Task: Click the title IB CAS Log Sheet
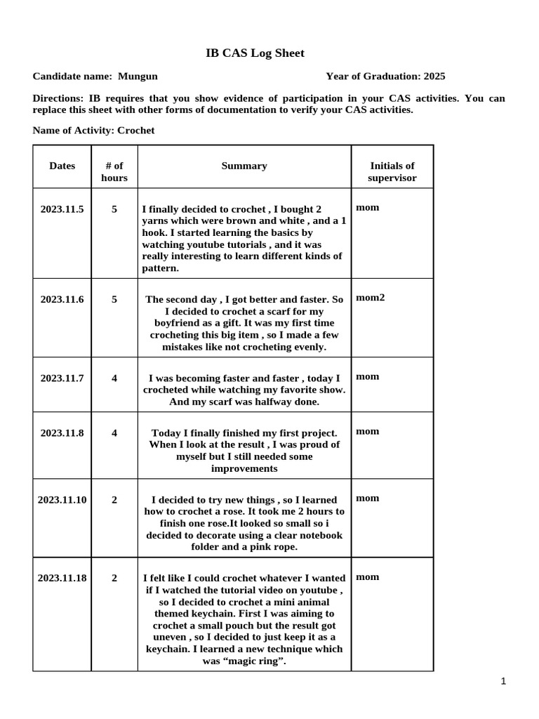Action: [254, 53]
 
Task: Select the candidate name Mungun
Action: [138, 77]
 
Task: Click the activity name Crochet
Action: [136, 131]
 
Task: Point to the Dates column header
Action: [62, 166]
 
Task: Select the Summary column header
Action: [244, 166]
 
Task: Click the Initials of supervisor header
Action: [392, 172]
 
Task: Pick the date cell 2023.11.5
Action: [62, 209]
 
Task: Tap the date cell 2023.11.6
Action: [62, 299]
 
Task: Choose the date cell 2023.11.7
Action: [62, 378]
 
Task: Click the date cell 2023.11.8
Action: [62, 433]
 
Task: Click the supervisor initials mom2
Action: [370, 298]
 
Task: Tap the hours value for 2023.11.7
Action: [114, 378]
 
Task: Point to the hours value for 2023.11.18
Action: [114, 578]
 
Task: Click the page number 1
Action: [504, 680]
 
